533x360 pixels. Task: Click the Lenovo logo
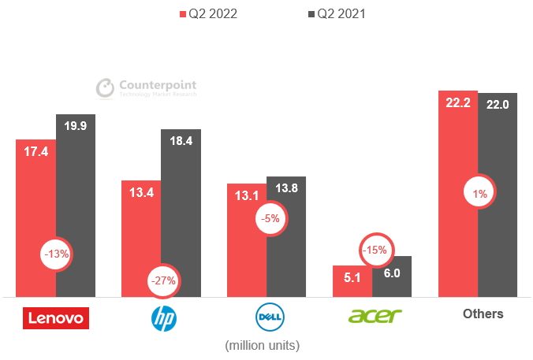pos(56,317)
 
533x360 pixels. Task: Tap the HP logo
pos(164,317)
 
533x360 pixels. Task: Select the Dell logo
pos(269,317)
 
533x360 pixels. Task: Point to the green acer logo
pos(375,316)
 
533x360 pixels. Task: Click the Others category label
pos(483,314)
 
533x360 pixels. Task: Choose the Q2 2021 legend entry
pos(334,13)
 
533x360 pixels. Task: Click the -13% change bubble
pos(58,254)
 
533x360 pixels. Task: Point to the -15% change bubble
pos(375,250)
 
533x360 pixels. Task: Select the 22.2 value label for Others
pos(458,102)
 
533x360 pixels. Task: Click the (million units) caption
pos(263,345)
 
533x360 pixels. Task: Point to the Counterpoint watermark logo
pos(146,87)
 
